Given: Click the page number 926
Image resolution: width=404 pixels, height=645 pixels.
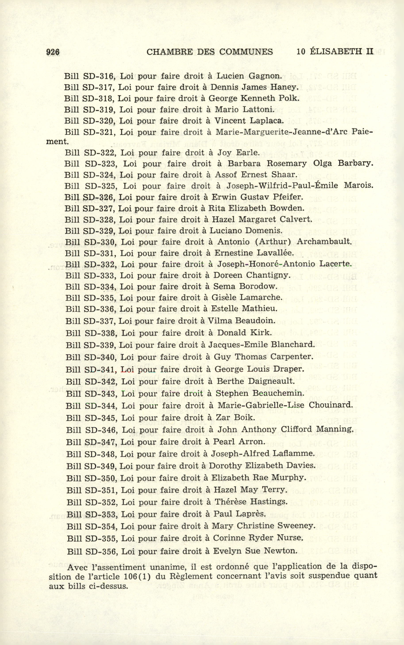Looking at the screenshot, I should pos(53,52).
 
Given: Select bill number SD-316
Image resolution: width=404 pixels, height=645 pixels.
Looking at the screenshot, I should pos(99,76).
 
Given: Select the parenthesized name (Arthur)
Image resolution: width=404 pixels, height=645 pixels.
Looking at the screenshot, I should pos(273,242).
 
